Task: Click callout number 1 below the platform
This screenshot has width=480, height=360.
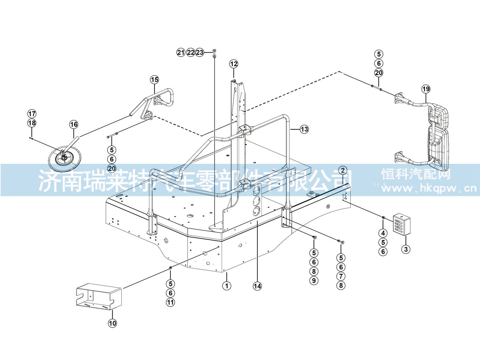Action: point(227,285)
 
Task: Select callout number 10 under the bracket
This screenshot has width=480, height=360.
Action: point(112,323)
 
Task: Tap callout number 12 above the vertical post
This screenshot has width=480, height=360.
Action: point(234,64)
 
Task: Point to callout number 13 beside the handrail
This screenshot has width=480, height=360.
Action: point(304,129)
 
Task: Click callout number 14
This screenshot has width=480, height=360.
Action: point(257,286)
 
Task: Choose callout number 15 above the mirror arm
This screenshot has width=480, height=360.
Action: point(154,80)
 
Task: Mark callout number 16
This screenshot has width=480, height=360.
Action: point(74,124)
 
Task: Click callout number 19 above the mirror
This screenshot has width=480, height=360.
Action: point(426,89)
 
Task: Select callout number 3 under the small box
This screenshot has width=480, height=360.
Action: point(406,249)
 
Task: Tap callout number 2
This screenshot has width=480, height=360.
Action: point(343,170)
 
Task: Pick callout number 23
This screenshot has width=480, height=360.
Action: point(200,52)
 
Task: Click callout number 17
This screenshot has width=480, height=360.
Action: point(32,114)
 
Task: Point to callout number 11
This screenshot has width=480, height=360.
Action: point(171,302)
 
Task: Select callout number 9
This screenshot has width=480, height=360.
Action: point(314,280)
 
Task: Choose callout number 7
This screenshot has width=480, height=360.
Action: point(341,276)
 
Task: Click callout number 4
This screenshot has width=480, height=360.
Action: point(383,233)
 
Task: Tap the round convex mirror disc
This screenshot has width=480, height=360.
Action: point(65,159)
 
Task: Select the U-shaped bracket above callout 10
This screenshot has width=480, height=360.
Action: point(99,297)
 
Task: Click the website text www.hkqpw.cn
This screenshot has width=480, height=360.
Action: point(429,188)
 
